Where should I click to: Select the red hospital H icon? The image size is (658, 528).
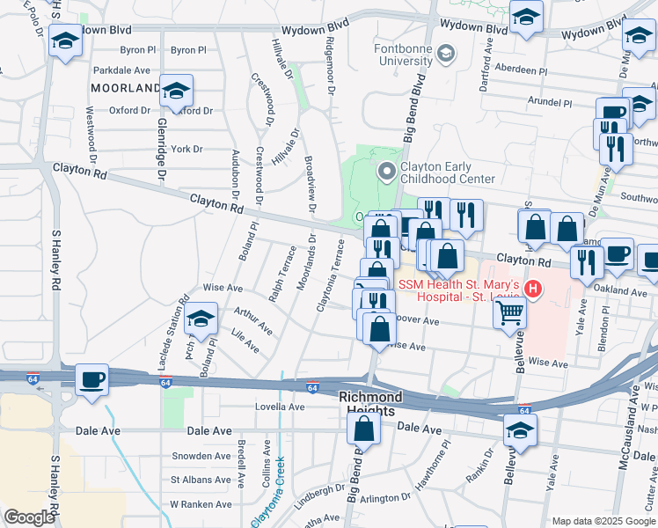(x=531, y=288)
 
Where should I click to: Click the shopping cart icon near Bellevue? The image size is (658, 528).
(x=510, y=312)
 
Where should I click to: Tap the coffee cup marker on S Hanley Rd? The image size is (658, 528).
(x=91, y=380)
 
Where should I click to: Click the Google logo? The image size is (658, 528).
(x=29, y=517)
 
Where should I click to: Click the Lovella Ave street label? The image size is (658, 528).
(x=279, y=407)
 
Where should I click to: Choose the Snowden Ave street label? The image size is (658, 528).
(x=201, y=456)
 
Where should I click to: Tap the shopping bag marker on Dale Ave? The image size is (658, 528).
(x=363, y=429)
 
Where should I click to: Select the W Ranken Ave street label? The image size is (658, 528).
(x=200, y=504)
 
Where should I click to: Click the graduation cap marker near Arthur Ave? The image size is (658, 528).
(x=202, y=319)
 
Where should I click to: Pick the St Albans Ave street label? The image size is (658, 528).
(x=201, y=480)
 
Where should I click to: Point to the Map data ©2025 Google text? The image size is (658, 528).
(x=603, y=520)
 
